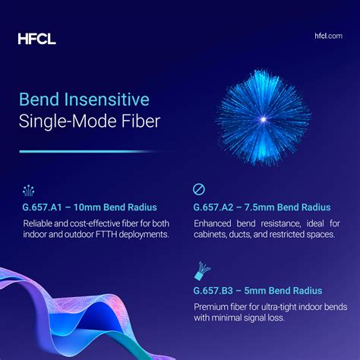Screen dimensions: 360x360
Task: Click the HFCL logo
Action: click(36, 38)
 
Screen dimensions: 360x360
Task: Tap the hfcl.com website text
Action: click(327, 36)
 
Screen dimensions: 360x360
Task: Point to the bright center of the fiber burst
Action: click(263, 119)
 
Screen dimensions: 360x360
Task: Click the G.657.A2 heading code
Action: click(216, 207)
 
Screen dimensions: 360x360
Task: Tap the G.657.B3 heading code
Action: click(216, 291)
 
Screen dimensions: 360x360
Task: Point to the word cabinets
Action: click(214, 235)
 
